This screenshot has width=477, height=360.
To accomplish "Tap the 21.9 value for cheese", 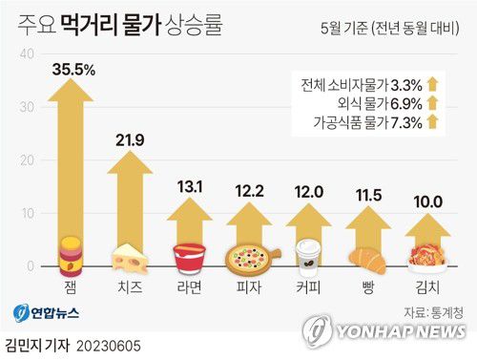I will [x=128, y=139].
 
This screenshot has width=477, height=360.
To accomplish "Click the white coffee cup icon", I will [x=308, y=256].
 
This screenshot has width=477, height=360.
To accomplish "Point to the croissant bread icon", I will [x=365, y=259].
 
